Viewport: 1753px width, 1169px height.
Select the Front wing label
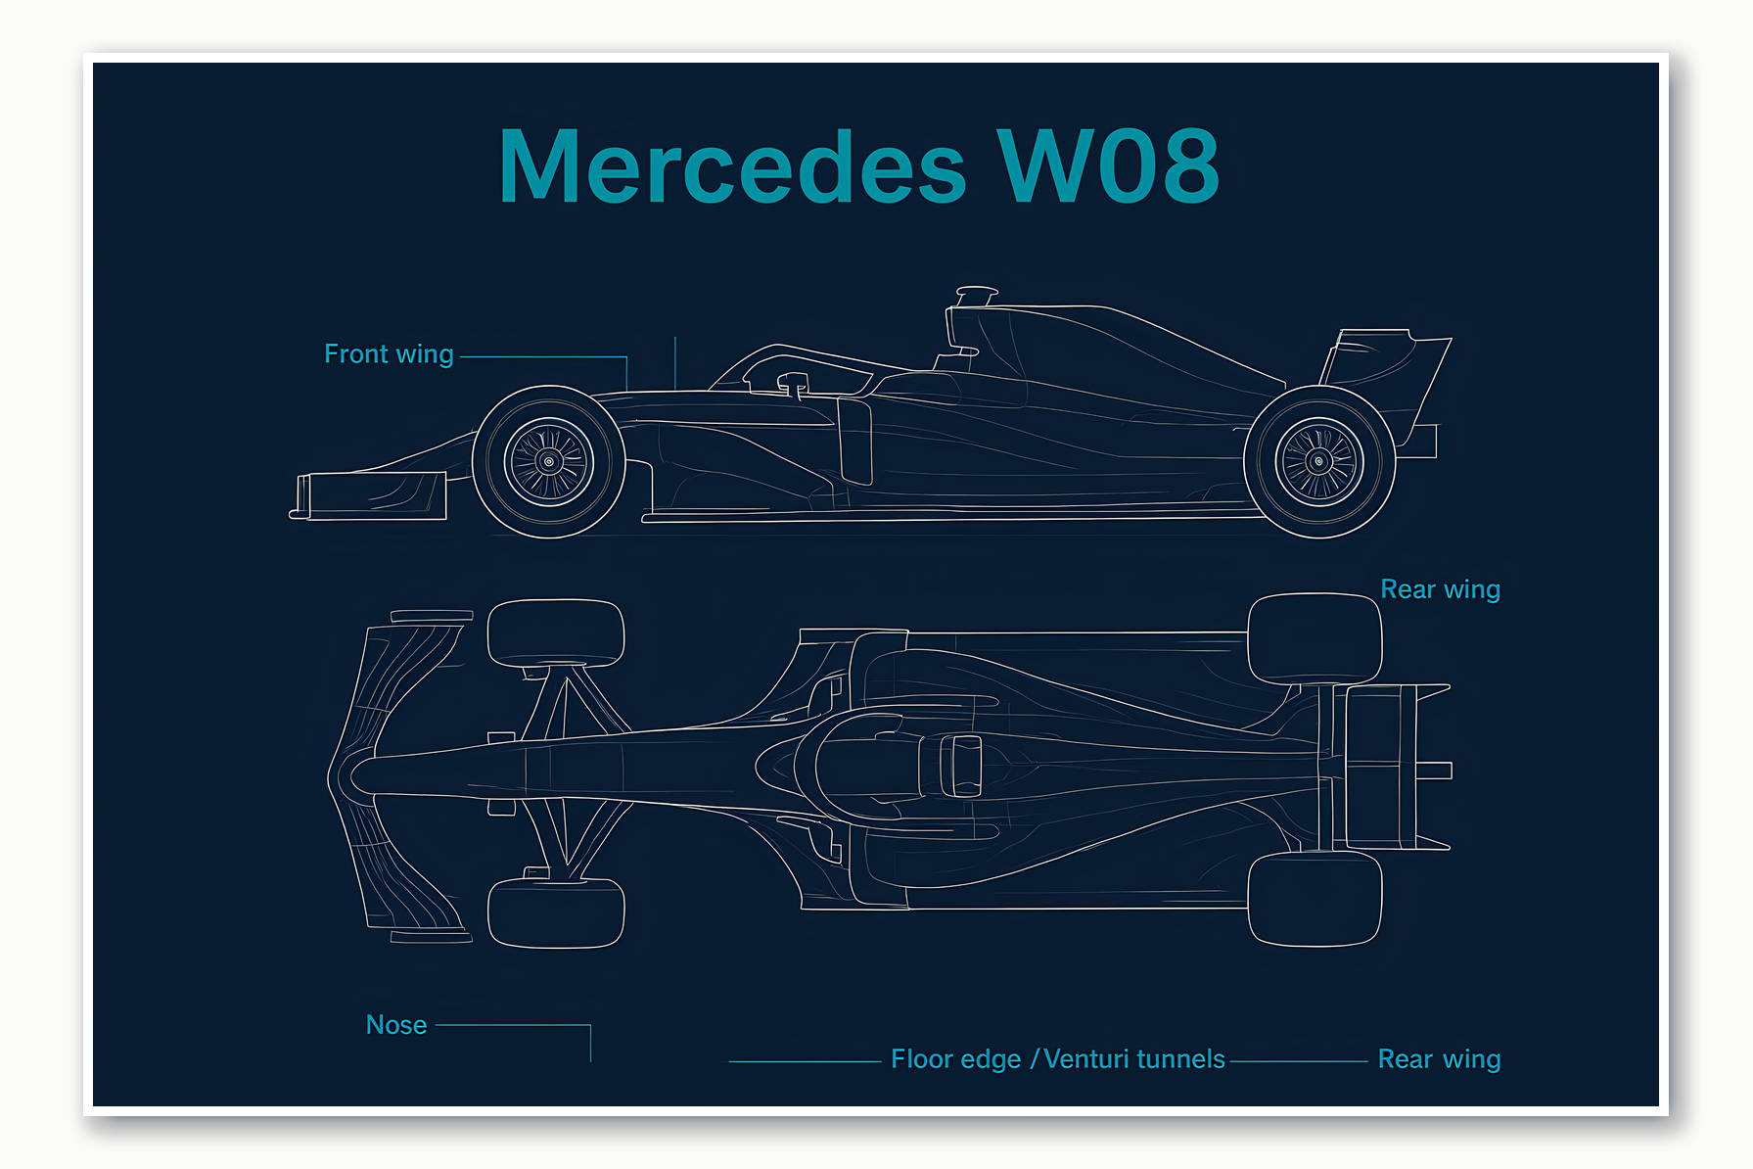point(389,353)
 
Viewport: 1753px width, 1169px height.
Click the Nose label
point(396,1024)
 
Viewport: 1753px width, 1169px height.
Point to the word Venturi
point(1084,1059)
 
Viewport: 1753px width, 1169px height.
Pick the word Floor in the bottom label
point(922,1059)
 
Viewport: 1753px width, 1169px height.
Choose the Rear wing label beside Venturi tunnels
point(1439,1059)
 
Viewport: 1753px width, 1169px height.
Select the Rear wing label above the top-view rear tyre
point(1440,589)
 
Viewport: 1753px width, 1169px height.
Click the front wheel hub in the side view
point(549,462)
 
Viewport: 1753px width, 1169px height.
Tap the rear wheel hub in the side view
point(1319,461)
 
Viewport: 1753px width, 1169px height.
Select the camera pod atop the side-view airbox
point(976,293)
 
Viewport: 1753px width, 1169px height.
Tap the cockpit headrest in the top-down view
point(961,766)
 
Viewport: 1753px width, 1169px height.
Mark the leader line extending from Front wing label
point(543,357)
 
